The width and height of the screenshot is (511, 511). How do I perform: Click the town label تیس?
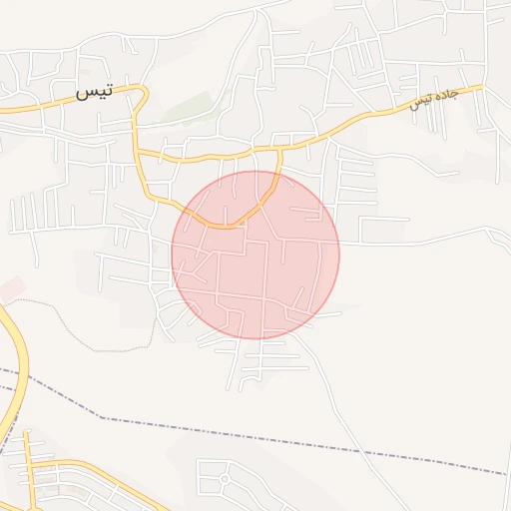point(94,92)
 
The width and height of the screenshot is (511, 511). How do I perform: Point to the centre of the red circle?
point(255,255)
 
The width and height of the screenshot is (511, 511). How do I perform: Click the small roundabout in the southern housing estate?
point(225,479)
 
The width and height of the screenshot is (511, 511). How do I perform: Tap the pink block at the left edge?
point(10,289)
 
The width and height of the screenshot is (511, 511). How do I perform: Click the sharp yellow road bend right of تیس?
point(146,93)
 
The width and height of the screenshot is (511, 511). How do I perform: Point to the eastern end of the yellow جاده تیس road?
point(481,87)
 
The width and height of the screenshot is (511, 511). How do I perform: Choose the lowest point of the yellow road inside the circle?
point(228,227)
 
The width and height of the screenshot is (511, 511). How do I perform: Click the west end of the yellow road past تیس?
point(3,109)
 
